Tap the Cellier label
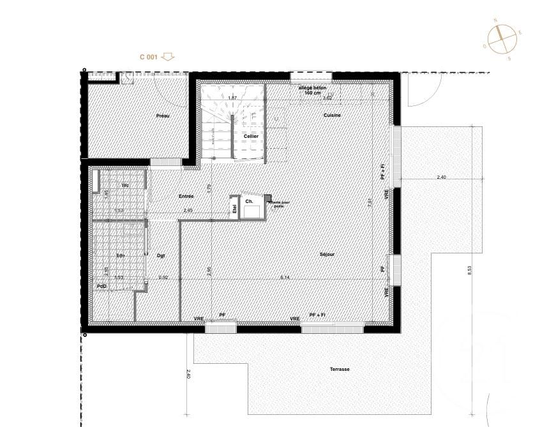[251, 136]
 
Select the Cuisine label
[332, 115]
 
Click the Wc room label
[126, 185]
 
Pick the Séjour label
[327, 254]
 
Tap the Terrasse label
[340, 370]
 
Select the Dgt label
[161, 255]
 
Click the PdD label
[101, 287]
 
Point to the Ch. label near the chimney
[249, 201]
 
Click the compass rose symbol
[502, 38]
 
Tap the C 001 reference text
[148, 57]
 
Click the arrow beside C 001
[168, 57]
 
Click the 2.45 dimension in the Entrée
[188, 210]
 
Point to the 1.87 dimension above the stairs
[232, 98]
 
